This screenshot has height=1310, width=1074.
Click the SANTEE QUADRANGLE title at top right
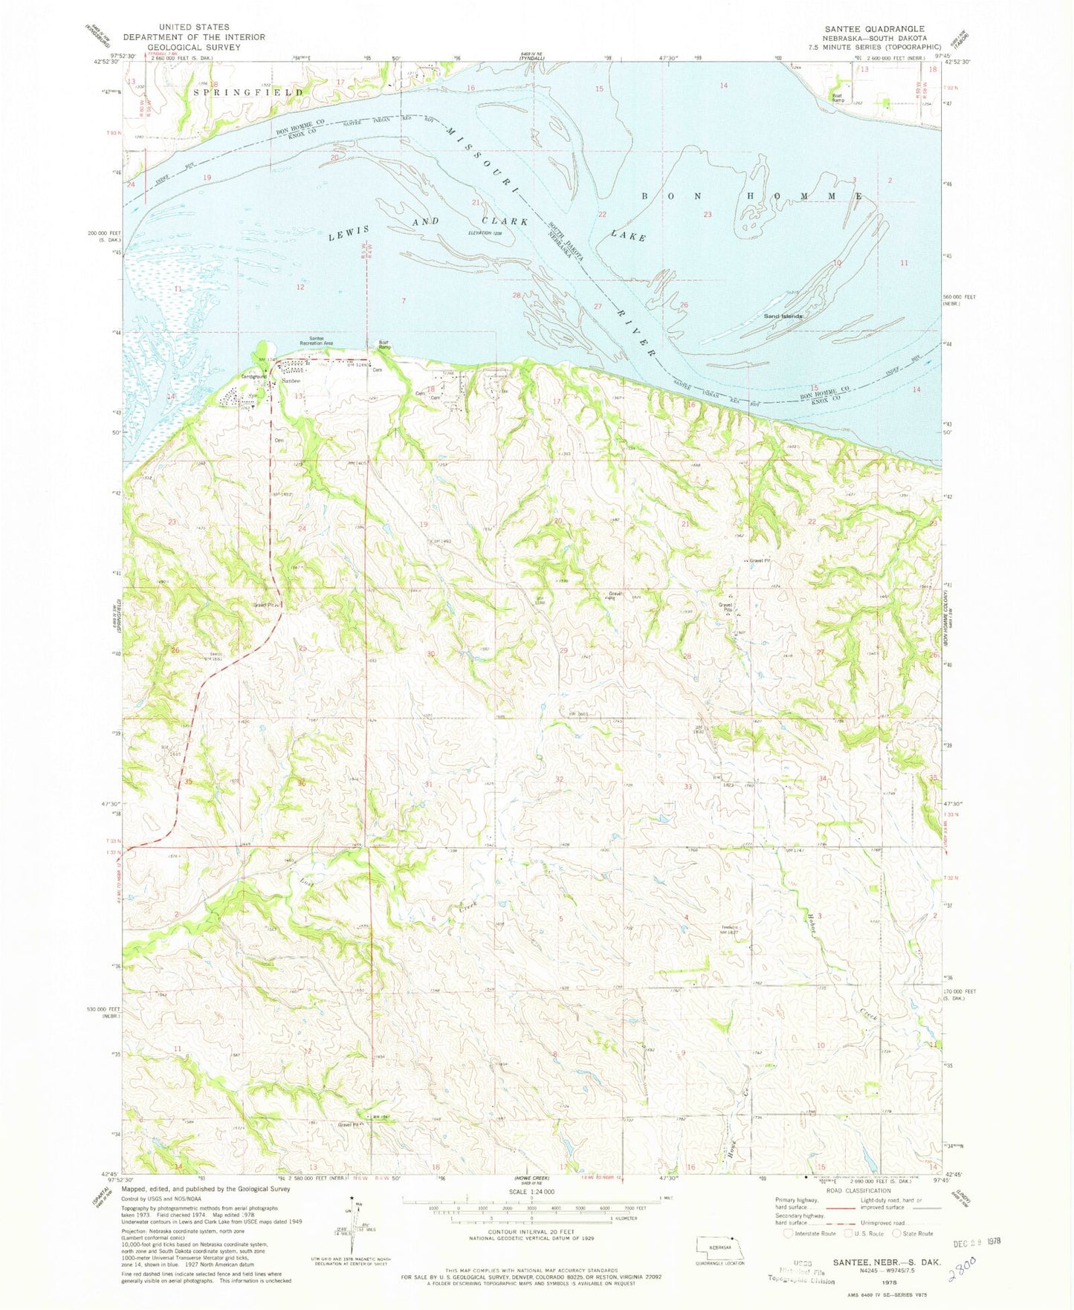click(x=873, y=28)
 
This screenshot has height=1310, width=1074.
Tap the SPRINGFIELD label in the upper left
click(x=248, y=92)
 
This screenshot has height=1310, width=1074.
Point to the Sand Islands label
click(x=784, y=317)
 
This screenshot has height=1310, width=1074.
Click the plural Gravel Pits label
click(x=725, y=608)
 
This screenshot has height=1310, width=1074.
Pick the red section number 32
click(x=559, y=779)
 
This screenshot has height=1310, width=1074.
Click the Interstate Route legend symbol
click(x=789, y=1233)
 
